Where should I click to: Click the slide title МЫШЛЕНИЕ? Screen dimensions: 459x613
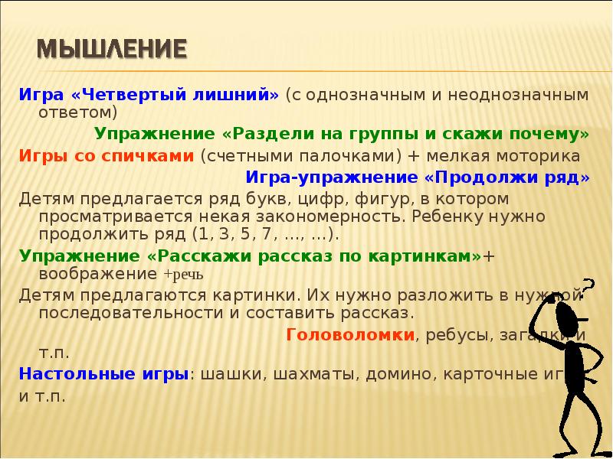click(112, 50)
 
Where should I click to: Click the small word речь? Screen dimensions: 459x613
click(185, 274)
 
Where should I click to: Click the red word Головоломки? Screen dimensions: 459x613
click(350, 334)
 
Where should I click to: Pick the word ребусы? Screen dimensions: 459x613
click(450, 334)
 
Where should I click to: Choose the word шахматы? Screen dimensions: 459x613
click(313, 375)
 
